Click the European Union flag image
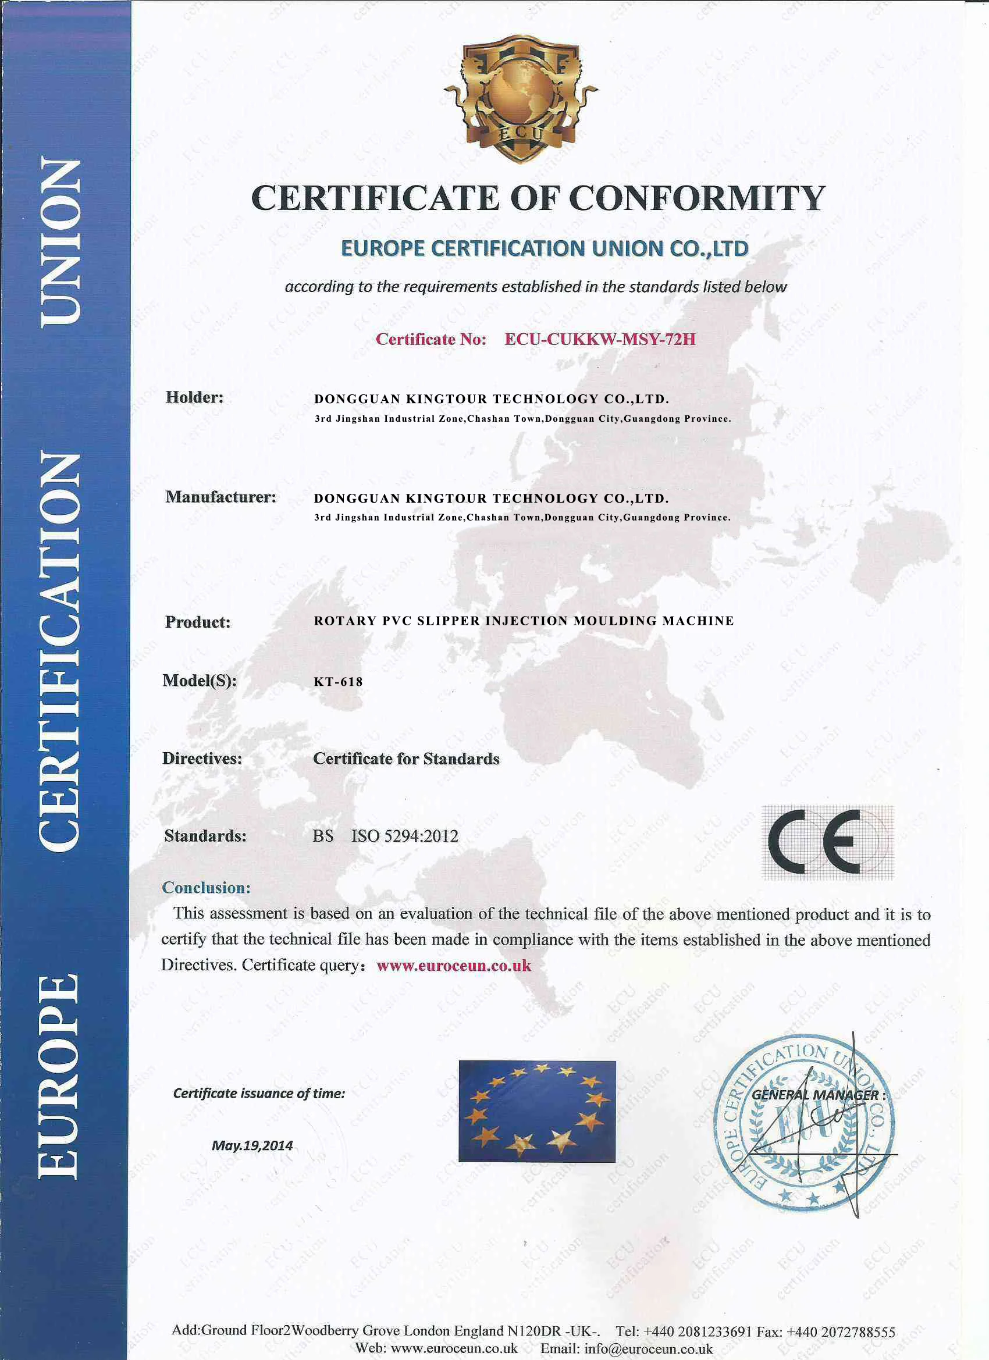point(537,1111)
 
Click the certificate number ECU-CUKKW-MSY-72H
point(600,339)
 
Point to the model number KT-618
point(338,682)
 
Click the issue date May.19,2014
point(252,1145)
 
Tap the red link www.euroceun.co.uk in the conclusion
point(454,966)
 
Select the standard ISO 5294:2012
point(404,836)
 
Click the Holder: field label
point(194,397)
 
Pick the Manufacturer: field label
point(220,497)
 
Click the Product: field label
point(197,622)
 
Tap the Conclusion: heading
point(207,888)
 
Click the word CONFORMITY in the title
point(697,198)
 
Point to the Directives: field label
point(202,759)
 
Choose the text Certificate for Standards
point(406,759)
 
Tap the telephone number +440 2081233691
point(697,1332)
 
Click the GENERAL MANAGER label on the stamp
point(815,1094)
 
